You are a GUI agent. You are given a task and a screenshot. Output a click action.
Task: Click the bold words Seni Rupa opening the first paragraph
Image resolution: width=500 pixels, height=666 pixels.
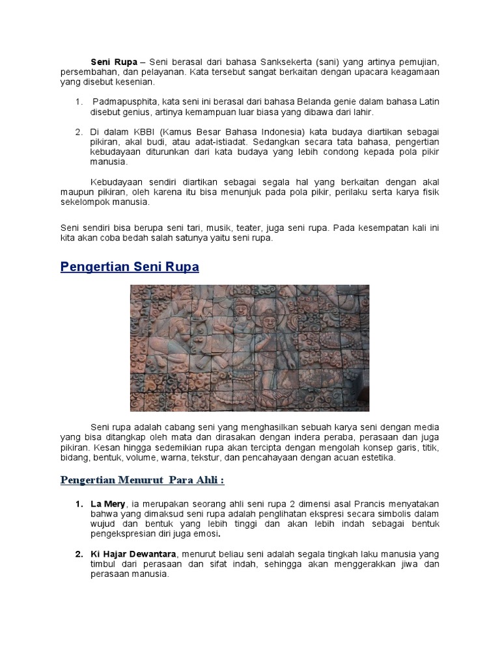109,62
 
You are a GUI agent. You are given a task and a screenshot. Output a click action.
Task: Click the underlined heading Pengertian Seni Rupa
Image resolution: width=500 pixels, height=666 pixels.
130,267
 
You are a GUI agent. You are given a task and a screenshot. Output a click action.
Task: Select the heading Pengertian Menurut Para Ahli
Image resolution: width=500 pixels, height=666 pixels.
142,480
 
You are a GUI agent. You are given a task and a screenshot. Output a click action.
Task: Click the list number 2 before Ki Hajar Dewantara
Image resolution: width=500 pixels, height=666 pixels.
78,554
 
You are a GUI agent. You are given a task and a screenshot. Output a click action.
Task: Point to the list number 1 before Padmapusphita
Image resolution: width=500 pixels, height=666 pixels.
78,102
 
